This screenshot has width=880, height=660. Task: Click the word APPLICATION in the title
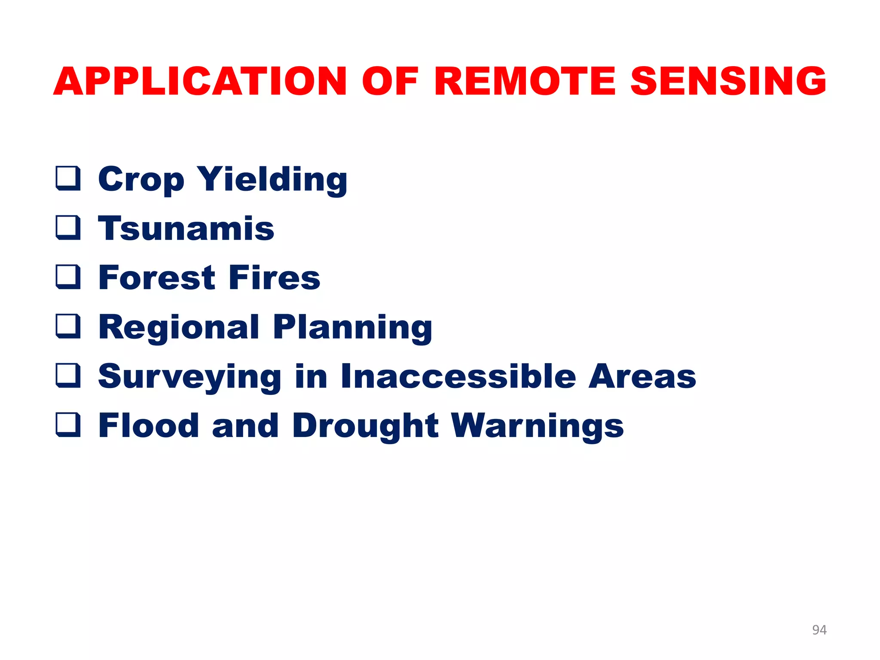pos(200,82)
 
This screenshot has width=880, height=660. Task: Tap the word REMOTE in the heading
pos(525,82)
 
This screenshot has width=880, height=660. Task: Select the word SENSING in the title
pos(728,82)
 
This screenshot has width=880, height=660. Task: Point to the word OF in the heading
pos(390,82)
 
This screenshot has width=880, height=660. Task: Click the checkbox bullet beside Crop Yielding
pos(68,178)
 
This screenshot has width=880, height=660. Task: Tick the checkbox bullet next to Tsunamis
pos(68,228)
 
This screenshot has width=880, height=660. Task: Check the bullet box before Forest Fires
pos(68,277)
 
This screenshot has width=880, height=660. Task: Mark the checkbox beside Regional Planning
pos(68,327)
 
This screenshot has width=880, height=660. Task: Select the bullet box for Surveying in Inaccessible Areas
pos(68,376)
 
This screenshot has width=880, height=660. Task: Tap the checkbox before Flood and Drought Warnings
pos(68,425)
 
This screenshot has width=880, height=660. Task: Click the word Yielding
pos(272,180)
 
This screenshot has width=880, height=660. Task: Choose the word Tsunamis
pos(186,229)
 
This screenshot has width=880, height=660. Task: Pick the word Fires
pos(274,278)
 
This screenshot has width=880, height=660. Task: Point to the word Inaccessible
pos(458,376)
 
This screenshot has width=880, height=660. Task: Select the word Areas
pos(642,376)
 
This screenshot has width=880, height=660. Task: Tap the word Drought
pos(365,426)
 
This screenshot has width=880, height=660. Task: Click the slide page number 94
pos(819,630)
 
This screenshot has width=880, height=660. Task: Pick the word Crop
pos(141,180)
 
